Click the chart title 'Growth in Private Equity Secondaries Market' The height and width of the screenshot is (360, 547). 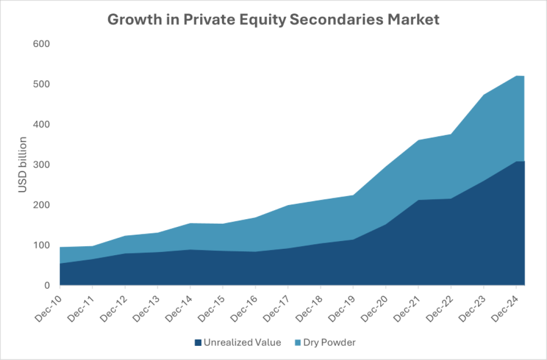click(x=273, y=20)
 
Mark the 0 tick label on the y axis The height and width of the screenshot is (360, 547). click(x=46, y=286)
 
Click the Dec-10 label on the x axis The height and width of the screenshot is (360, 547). click(x=48, y=306)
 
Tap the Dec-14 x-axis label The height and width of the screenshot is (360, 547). click(x=179, y=306)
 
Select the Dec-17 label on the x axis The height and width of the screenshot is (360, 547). click(x=276, y=306)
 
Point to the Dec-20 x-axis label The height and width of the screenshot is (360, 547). click(x=374, y=306)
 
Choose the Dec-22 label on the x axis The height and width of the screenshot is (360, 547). click(x=439, y=306)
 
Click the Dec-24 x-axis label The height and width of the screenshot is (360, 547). click(x=505, y=306)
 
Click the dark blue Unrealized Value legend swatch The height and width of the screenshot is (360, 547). click(x=198, y=342)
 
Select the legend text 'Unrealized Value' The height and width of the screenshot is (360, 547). click(x=243, y=342)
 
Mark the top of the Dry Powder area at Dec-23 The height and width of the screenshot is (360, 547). click(x=484, y=95)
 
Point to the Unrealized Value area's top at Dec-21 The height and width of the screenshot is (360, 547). click(x=418, y=200)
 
